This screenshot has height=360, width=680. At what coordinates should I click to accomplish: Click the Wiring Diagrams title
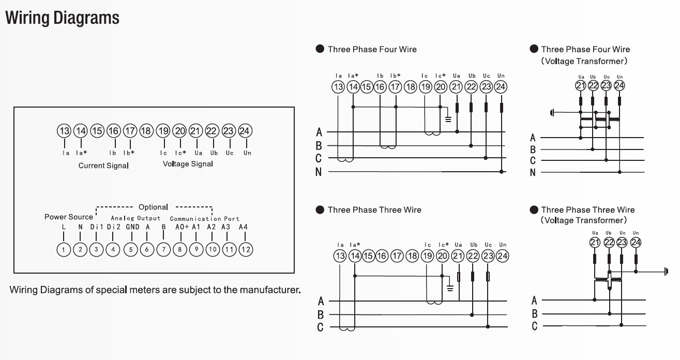point(62,18)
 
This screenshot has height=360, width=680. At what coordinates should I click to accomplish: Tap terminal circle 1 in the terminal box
point(64,249)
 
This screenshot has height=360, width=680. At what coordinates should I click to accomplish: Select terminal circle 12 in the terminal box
point(246,249)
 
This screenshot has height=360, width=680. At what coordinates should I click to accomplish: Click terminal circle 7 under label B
point(163,249)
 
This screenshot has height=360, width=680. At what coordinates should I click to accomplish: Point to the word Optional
point(153,207)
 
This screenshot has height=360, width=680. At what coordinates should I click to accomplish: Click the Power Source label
point(69,217)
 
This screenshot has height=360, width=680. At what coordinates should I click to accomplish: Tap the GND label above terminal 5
point(133,227)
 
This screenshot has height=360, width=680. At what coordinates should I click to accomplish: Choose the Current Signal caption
point(103,166)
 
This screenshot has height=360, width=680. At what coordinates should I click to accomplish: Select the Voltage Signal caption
point(188,164)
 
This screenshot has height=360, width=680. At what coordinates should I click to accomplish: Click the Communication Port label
point(205,219)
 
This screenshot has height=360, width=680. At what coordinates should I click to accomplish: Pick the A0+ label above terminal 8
point(182,227)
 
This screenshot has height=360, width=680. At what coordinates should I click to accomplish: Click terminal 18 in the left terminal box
point(146,131)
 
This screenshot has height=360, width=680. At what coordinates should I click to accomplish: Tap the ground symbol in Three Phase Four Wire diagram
point(448,119)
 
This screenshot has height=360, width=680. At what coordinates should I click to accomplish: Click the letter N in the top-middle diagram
point(319,172)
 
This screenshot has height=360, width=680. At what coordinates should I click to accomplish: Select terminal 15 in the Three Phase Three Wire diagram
point(368,256)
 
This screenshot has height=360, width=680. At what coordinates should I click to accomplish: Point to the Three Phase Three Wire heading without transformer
point(374,210)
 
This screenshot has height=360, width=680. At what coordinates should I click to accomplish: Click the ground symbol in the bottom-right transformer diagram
point(666,272)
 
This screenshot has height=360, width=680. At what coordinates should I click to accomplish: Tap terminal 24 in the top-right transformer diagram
point(619,85)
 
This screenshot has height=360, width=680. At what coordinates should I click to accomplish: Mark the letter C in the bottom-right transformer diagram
point(535,326)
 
